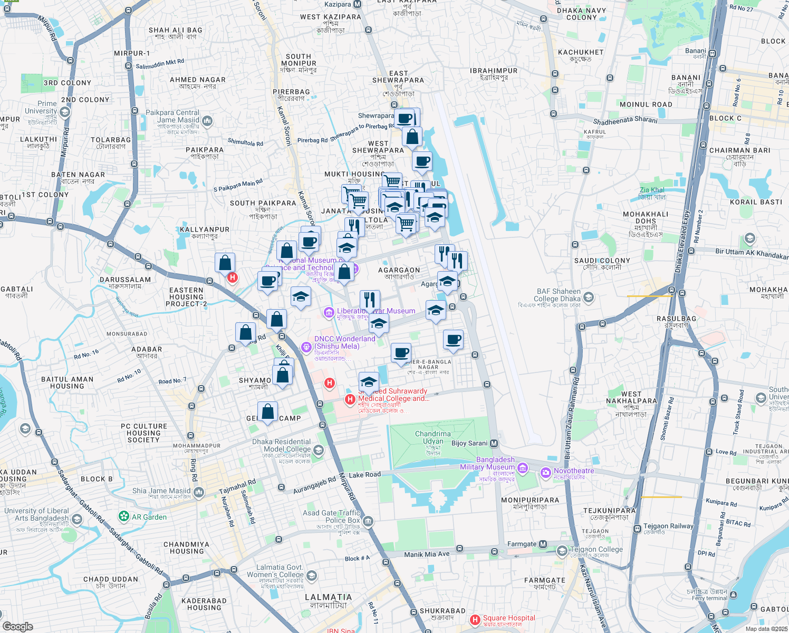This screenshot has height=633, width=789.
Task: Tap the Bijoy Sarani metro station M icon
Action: point(494,443)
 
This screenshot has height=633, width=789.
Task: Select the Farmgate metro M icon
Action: point(543,544)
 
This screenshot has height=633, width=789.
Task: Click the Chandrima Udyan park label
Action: point(433,438)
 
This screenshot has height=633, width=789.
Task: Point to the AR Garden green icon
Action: point(124,516)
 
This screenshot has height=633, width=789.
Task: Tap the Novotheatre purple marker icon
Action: point(545,471)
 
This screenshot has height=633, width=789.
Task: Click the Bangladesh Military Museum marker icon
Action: point(523,467)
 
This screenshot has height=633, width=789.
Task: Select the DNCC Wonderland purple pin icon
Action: point(306,347)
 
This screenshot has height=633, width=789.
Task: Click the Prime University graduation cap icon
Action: point(65,112)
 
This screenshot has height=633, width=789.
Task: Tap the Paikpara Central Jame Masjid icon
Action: point(207,121)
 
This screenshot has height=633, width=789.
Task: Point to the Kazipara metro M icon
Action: point(358,4)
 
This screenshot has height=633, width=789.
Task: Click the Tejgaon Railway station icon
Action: point(637,526)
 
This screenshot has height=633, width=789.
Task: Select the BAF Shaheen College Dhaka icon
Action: point(589,298)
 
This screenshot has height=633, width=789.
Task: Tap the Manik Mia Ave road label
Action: point(427,554)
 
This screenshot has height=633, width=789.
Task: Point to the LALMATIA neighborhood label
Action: point(328,597)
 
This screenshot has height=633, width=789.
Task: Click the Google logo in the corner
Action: point(17,627)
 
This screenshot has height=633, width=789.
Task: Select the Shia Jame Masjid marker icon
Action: point(199,492)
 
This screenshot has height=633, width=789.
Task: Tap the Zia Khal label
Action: point(652,190)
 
